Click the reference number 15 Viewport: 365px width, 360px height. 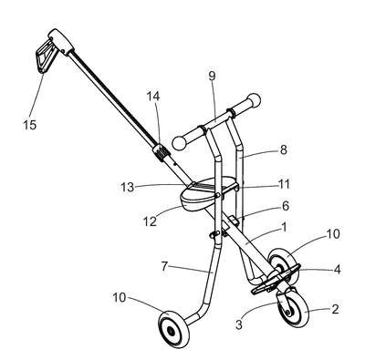coord(30,125)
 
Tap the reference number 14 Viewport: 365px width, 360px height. coord(153,97)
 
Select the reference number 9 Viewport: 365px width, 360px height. coord(212,76)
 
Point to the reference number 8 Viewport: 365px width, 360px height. coord(283,149)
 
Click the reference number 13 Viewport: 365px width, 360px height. coord(128,187)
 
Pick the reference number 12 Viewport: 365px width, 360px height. coord(150,221)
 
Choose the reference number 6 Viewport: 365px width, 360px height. coord(285,206)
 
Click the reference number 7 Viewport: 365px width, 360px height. coord(164,266)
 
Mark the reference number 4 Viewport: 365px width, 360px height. coord(337,269)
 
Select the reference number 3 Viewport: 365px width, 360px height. coord(239,324)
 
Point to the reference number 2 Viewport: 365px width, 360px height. coord(335,309)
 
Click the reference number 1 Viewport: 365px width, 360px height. coord(284,227)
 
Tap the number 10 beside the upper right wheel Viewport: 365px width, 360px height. coord(333,234)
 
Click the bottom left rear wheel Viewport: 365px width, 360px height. coord(173,329)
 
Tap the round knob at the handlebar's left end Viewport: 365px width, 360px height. coord(179,142)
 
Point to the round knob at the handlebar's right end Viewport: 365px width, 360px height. coord(254,100)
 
